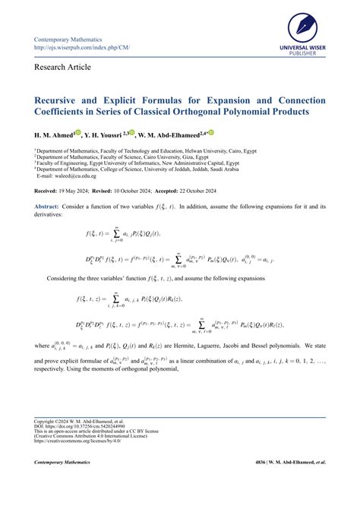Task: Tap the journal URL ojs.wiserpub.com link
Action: pos(82,48)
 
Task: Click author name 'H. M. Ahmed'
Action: pos(54,134)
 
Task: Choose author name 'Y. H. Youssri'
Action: pos(107,134)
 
